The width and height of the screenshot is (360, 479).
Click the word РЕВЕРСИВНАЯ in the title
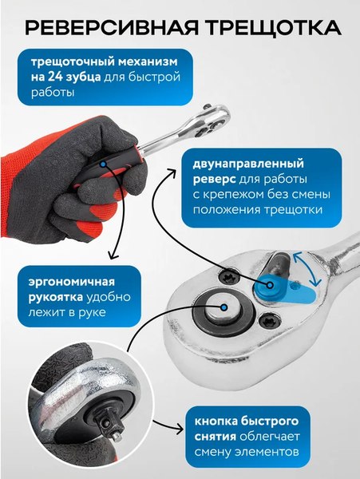pyautogui.click(x=112, y=28)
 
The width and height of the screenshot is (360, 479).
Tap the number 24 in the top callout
pyautogui.click(x=54, y=77)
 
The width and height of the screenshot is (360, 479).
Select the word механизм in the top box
pyautogui.click(x=148, y=61)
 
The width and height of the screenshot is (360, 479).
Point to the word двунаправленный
pyautogui.click(x=248, y=164)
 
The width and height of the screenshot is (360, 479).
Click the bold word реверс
pyautogui.click(x=215, y=180)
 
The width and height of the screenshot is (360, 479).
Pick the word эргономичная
pyautogui.click(x=72, y=282)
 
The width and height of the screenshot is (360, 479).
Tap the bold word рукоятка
pyautogui.click(x=56, y=297)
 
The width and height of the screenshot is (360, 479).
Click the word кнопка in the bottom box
pyautogui.click(x=216, y=422)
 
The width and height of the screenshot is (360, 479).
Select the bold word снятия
pyautogui.click(x=216, y=437)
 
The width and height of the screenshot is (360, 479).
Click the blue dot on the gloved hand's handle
pyautogui.click(x=103, y=164)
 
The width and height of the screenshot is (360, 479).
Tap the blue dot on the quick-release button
pyautogui.click(x=224, y=307)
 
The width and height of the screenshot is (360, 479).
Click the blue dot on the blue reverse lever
pyautogui.click(x=270, y=285)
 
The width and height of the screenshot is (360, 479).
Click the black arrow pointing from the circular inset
pyautogui.click(x=168, y=426)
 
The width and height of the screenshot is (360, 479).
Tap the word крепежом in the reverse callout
pyautogui.click(x=231, y=195)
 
